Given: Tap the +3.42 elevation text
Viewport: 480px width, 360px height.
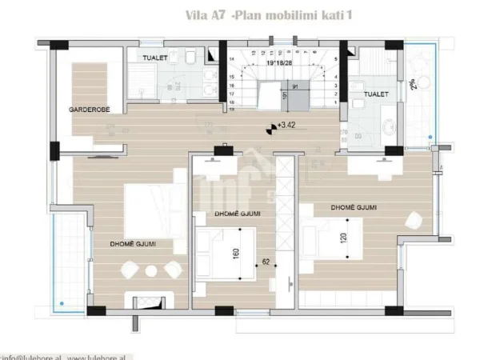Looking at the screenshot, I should (286, 125).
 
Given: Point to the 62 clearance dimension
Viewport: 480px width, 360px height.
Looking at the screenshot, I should (266, 261).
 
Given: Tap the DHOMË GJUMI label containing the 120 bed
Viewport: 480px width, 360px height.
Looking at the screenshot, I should (354, 208).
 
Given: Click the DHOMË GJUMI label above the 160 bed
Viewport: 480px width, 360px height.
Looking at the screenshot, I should (239, 214).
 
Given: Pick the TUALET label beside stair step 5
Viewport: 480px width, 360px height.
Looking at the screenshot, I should (376, 94).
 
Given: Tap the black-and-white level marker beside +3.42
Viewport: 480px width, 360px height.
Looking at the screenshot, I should (270, 125).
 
